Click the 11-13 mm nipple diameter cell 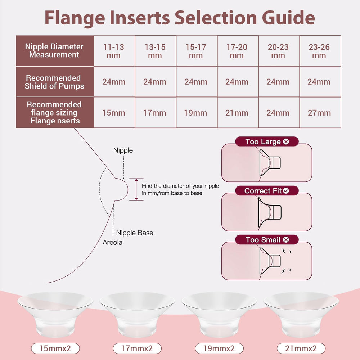[114, 51]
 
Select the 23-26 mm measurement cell [319, 51]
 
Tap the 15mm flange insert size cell [114, 113]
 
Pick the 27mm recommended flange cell [319, 113]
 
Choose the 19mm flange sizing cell [196, 113]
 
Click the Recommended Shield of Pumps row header [54, 82]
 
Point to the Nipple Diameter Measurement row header [54, 51]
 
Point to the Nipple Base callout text [134, 233]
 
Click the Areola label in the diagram [112, 242]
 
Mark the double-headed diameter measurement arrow [136, 189]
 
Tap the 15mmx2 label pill [55, 348]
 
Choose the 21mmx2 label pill [301, 348]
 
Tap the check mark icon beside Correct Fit [286, 191]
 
